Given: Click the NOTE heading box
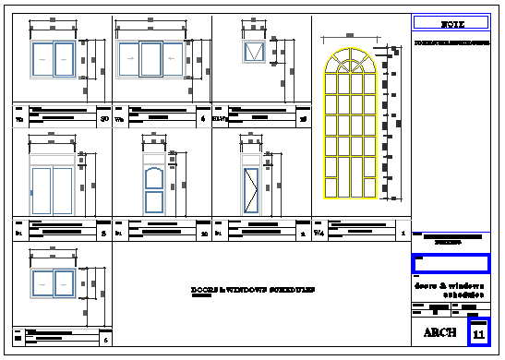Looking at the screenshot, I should (451, 22).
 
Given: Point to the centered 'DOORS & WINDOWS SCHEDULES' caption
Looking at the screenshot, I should (252, 290).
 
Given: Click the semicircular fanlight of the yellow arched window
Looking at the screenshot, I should (351, 66).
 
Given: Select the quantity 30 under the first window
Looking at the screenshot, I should (104, 118).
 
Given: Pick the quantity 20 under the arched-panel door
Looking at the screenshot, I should (204, 234).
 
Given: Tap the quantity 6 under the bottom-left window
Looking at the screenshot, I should (105, 342).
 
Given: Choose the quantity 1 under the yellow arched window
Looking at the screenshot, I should (403, 234).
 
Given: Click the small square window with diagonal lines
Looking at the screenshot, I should (253, 52).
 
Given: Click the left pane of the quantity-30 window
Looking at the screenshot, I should (42, 59).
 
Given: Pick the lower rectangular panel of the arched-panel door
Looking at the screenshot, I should (153, 202).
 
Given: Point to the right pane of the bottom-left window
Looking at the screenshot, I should (65, 286).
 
